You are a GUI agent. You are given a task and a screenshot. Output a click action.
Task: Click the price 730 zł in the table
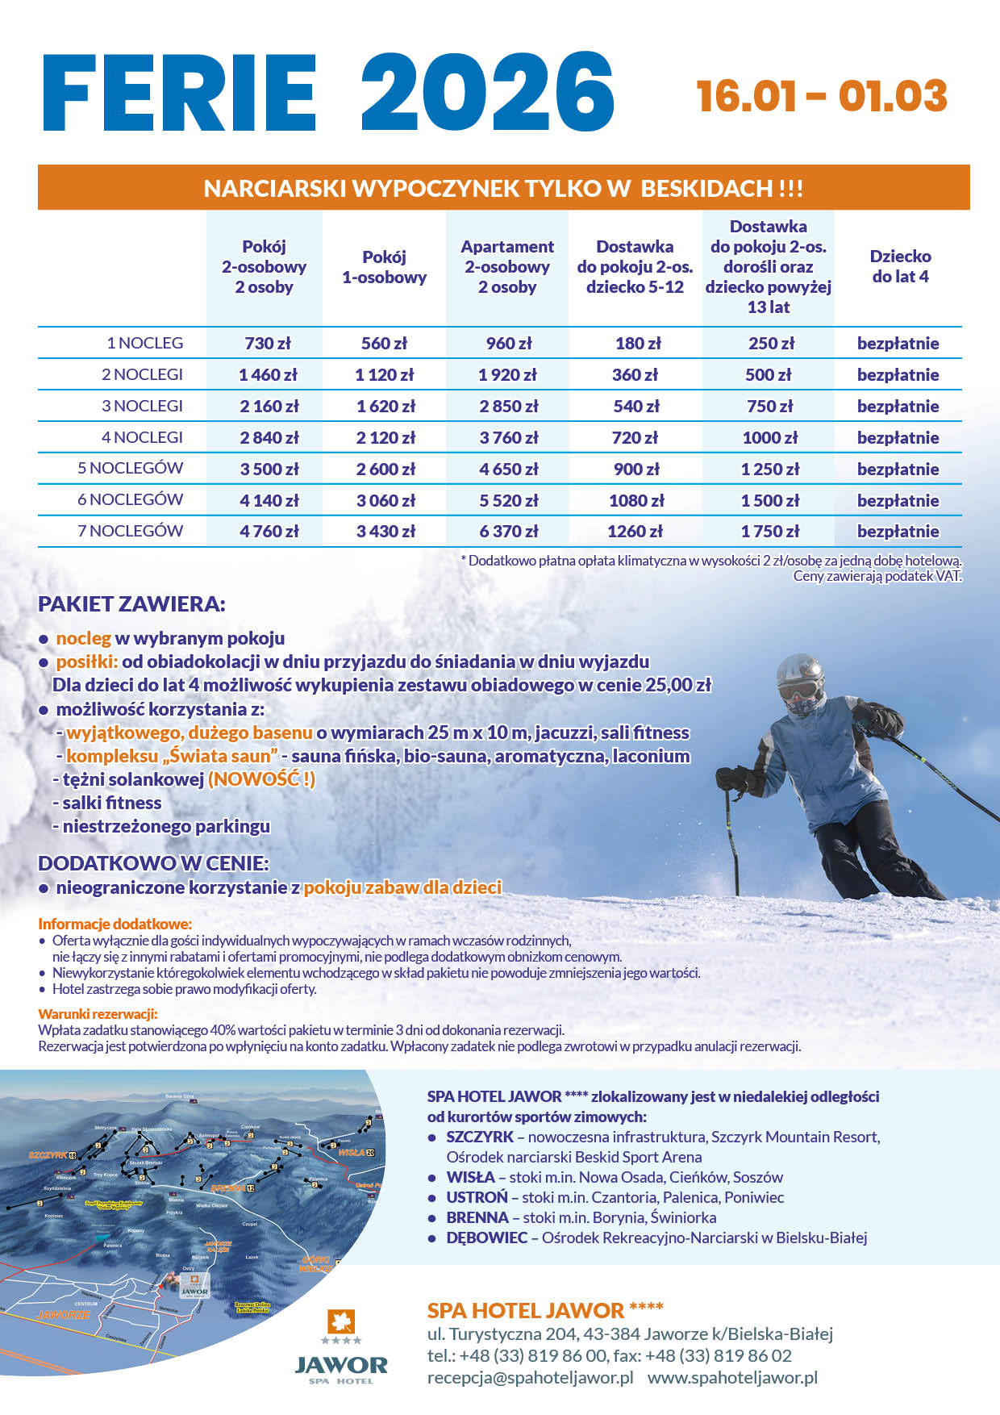pyautogui.click(x=267, y=344)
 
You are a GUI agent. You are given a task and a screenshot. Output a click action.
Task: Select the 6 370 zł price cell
pyautogui.click(x=508, y=532)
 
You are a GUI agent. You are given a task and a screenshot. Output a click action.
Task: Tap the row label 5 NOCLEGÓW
pyautogui.click(x=130, y=468)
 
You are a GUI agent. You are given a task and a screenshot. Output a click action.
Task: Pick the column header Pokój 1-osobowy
pyautogui.click(x=384, y=267)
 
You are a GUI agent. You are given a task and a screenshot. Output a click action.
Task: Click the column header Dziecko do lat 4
pyautogui.click(x=900, y=266)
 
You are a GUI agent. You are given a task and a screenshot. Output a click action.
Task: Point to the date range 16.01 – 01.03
pyautogui.click(x=822, y=96)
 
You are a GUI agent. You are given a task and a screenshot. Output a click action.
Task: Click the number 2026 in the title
pyautogui.click(x=487, y=91)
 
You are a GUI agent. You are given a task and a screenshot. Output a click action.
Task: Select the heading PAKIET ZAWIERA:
pyautogui.click(x=131, y=603)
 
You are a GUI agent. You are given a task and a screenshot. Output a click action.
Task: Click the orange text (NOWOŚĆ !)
pyautogui.click(x=261, y=779)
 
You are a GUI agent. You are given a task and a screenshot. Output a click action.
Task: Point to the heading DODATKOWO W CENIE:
pyautogui.click(x=153, y=863)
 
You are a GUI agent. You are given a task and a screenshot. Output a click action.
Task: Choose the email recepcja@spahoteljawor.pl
pyautogui.click(x=530, y=1377)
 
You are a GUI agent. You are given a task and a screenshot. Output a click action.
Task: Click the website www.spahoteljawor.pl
pyautogui.click(x=732, y=1377)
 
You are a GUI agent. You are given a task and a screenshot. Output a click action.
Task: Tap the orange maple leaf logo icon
pyautogui.click(x=341, y=1322)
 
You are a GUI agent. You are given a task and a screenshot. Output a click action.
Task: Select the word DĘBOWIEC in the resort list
pyautogui.click(x=486, y=1238)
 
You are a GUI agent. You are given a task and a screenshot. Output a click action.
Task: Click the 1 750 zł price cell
pyautogui.click(x=769, y=532)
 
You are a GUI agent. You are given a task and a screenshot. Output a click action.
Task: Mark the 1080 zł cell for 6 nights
pyautogui.click(x=636, y=500)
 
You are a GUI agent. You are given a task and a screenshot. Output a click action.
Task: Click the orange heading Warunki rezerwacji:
pyautogui.click(x=98, y=1014)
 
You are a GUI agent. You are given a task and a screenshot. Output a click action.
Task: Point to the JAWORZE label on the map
pyautogui.click(x=64, y=1314)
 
